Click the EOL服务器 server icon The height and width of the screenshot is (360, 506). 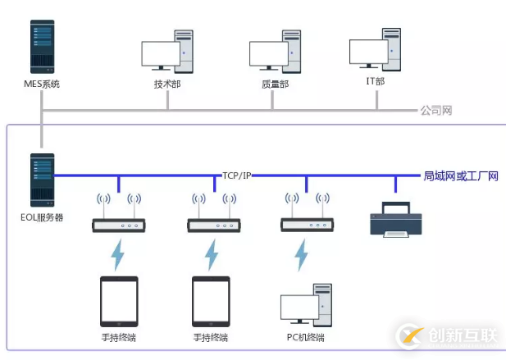coord(42,179)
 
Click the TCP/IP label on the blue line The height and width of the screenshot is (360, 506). coord(237,175)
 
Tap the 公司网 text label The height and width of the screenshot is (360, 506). coord(436,110)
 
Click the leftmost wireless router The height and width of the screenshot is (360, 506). coord(118,224)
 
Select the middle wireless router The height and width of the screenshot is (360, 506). coord(212,224)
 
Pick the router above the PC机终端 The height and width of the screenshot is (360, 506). coord(306,224)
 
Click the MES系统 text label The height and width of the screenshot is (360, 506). coord(42,84)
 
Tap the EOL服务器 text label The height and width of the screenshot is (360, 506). coord(42,217)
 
